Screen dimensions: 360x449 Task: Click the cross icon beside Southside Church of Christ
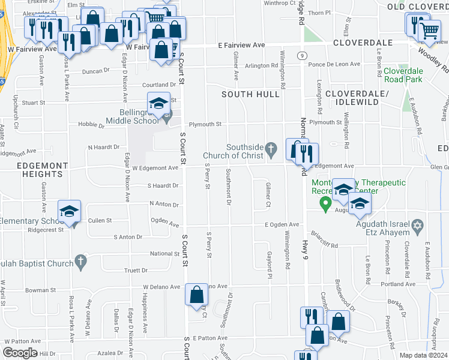point(271,148)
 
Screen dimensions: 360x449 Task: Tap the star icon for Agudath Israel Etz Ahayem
point(418,226)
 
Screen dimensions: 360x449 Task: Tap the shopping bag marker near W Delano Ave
point(196,295)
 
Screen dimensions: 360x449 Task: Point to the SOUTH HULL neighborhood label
point(250,94)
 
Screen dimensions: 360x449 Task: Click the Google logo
point(20,353)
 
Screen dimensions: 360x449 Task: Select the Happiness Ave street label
point(145,317)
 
